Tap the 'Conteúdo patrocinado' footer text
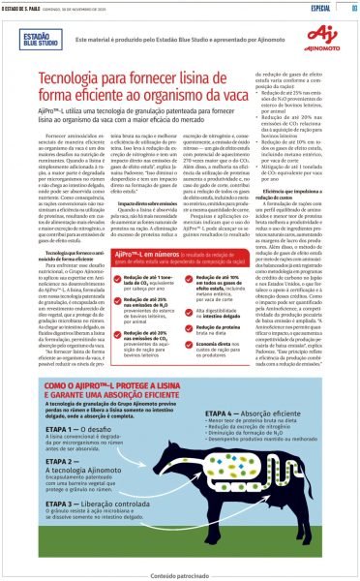[x=179, y=573]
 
